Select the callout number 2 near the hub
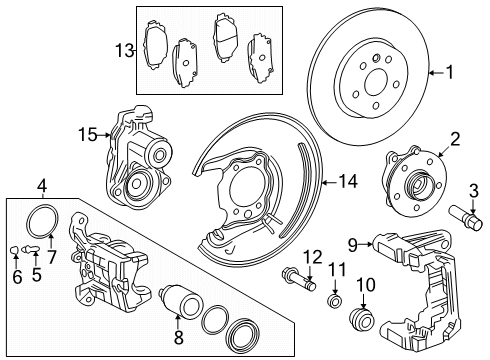[x=454, y=139]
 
